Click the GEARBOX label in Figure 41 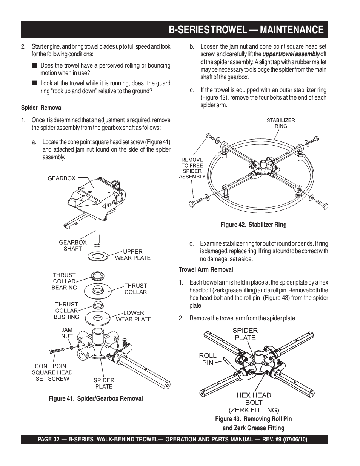click(61, 178)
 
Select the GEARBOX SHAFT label click(72, 245)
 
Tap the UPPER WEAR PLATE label click(132, 255)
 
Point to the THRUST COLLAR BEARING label click(64, 281)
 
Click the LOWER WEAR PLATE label click(133, 316)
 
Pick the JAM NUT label click(67, 333)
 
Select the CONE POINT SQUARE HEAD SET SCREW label click(52, 372)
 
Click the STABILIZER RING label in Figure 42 click(281, 123)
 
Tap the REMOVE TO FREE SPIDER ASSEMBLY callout click(192, 168)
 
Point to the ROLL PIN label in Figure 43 click(208, 359)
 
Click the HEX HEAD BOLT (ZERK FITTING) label click(254, 402)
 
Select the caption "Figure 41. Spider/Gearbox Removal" click(95, 398)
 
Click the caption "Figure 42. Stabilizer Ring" click(253, 225)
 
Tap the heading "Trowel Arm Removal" click(206, 269)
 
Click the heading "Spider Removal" click(42, 108)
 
